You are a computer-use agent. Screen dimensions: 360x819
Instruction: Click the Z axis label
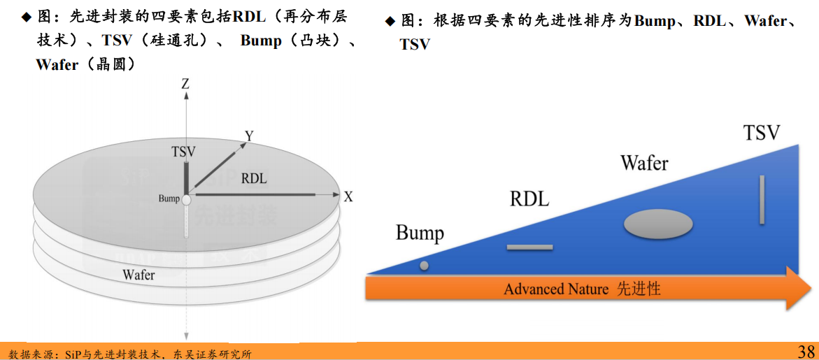pyautogui.click(x=185, y=84)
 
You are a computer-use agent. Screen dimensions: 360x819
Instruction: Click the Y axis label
pyautogui.click(x=248, y=135)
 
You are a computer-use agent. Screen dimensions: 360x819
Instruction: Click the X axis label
pyautogui.click(x=348, y=197)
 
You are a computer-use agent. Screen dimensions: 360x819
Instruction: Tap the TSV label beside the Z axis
pyautogui.click(x=183, y=152)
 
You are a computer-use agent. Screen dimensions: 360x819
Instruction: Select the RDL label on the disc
pyautogui.click(x=254, y=178)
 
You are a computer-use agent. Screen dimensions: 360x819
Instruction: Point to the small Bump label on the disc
pyautogui.click(x=169, y=199)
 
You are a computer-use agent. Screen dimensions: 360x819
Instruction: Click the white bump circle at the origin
pyautogui.click(x=186, y=200)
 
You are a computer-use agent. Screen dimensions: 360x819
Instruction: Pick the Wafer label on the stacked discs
pyautogui.click(x=138, y=275)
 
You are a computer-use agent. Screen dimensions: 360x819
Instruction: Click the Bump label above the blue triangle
pyautogui.click(x=420, y=233)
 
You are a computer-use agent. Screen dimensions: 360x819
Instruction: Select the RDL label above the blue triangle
pyautogui.click(x=529, y=199)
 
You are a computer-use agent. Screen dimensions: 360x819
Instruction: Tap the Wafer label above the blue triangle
pyautogui.click(x=644, y=163)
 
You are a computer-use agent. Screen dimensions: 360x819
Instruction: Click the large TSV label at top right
pyautogui.click(x=761, y=132)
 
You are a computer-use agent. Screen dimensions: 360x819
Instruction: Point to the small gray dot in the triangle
pyautogui.click(x=424, y=266)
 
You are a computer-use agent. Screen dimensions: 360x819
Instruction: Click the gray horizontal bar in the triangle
pyautogui.click(x=529, y=247)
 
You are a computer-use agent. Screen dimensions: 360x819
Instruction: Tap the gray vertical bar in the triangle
pyautogui.click(x=762, y=200)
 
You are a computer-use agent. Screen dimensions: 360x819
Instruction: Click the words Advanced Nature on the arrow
pyautogui.click(x=556, y=289)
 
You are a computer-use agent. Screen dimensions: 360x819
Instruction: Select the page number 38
pyautogui.click(x=806, y=351)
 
